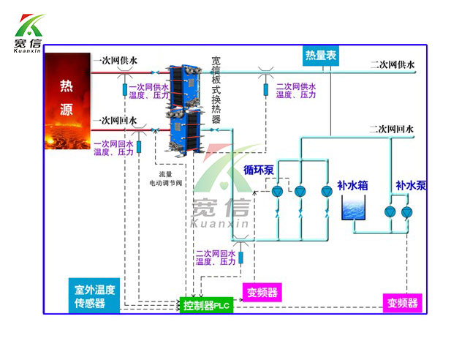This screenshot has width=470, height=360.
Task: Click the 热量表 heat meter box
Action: pos(321,54)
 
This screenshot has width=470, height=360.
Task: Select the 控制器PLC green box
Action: pos(207,304)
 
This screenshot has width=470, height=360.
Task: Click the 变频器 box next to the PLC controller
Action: pos(262,293)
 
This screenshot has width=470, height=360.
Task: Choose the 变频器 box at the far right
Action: pos(403,302)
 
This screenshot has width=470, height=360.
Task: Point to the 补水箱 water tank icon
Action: pos(357,209)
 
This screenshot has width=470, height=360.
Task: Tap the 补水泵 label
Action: pos(411,186)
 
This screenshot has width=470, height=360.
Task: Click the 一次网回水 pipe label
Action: pos(115,120)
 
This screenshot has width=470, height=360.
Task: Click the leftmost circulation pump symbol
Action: pos(277,192)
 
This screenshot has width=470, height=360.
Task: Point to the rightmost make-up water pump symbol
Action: pos(406,212)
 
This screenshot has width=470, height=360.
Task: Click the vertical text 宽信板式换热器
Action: pos(216,89)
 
